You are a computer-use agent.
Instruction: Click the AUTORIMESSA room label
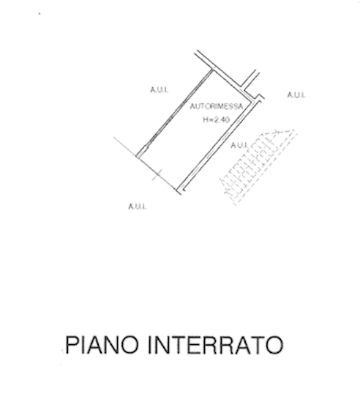pyautogui.click(x=217, y=106)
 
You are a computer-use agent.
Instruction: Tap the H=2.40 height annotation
pyautogui.click(x=217, y=120)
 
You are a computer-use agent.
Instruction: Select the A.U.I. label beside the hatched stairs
pyautogui.click(x=239, y=145)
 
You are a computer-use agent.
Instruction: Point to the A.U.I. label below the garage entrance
pyautogui.click(x=137, y=206)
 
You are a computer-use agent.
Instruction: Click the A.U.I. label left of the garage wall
pyautogui.click(x=159, y=90)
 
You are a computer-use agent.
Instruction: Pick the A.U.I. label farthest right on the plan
pyautogui.click(x=296, y=95)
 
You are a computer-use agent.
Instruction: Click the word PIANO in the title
pyautogui.click(x=102, y=345)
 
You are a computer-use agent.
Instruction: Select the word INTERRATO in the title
pyautogui.click(x=216, y=345)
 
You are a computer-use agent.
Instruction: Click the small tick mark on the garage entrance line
pyautogui.click(x=157, y=175)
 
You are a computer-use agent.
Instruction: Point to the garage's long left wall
pyautogui.click(x=175, y=113)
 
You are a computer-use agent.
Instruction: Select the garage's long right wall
pyautogui.click(x=219, y=145)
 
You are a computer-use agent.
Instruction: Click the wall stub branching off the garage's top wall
pyautogui.click(x=250, y=79)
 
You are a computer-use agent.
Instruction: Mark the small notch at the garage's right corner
pyautogui.click(x=260, y=97)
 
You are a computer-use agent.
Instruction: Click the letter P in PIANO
pyautogui.click(x=72, y=345)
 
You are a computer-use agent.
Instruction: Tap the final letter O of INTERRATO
pyautogui.click(x=275, y=345)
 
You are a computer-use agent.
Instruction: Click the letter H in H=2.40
pyautogui.click(x=206, y=120)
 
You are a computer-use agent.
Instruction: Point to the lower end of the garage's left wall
pyautogui.click(x=138, y=156)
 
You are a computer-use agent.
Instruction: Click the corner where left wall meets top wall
pyautogui.click(x=212, y=70)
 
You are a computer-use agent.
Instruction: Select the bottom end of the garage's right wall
pyautogui.click(x=181, y=190)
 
